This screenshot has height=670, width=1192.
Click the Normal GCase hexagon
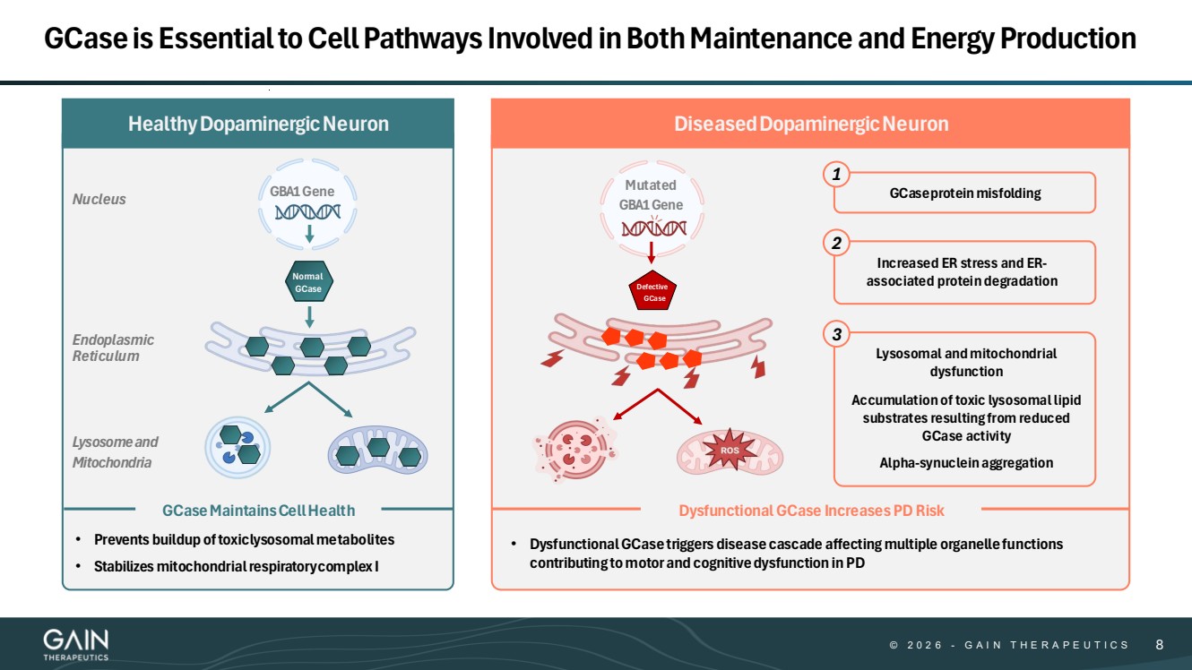point(308,282)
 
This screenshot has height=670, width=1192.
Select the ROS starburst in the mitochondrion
point(723,450)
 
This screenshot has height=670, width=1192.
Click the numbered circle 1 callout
point(836,176)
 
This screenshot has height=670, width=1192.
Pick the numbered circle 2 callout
point(836,244)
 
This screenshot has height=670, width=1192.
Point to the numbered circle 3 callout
point(836,335)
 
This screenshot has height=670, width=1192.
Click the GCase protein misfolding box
point(964,193)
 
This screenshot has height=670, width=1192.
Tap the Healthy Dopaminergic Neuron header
point(258,124)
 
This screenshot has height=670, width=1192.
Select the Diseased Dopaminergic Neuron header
point(810,124)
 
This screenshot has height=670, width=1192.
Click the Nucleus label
point(99,199)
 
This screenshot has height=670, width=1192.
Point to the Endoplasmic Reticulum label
point(113,348)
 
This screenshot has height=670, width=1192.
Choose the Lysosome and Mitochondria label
point(115,452)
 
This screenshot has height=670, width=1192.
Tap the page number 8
point(1160,644)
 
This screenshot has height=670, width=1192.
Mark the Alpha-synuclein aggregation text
point(965,463)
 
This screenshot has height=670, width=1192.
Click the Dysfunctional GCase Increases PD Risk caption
point(810,511)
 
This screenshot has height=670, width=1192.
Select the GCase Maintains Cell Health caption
point(258,511)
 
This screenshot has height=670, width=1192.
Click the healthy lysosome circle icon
point(238,446)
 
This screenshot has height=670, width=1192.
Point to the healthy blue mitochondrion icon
point(378,448)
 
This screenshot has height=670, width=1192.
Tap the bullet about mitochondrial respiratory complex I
point(236,566)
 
